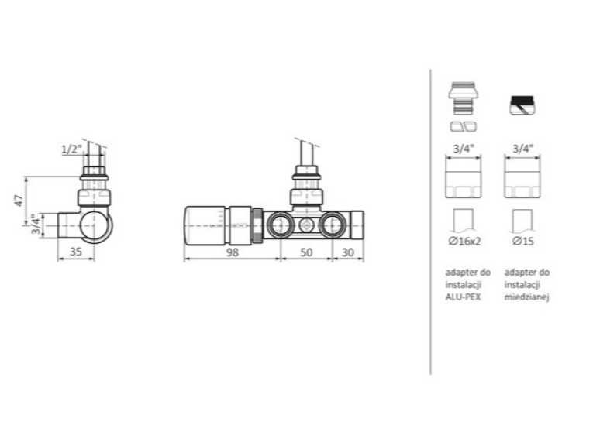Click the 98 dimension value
point(233,252)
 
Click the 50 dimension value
point(306,252)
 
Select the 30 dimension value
point(347,252)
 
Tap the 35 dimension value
point(76,252)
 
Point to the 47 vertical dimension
point(19,201)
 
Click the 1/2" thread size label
point(72,149)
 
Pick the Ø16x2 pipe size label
point(464,241)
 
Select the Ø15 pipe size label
point(523,241)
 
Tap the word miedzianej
point(526,297)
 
